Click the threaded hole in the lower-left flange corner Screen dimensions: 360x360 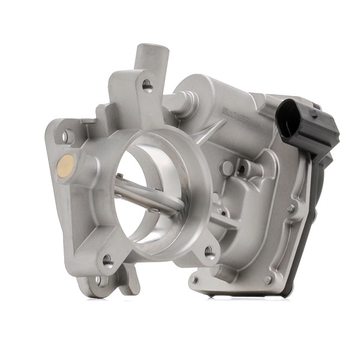(107, 260)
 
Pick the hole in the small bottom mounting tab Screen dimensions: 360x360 (100, 280)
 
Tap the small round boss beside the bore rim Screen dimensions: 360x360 (226, 167)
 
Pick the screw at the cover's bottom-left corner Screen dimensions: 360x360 (194, 280)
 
